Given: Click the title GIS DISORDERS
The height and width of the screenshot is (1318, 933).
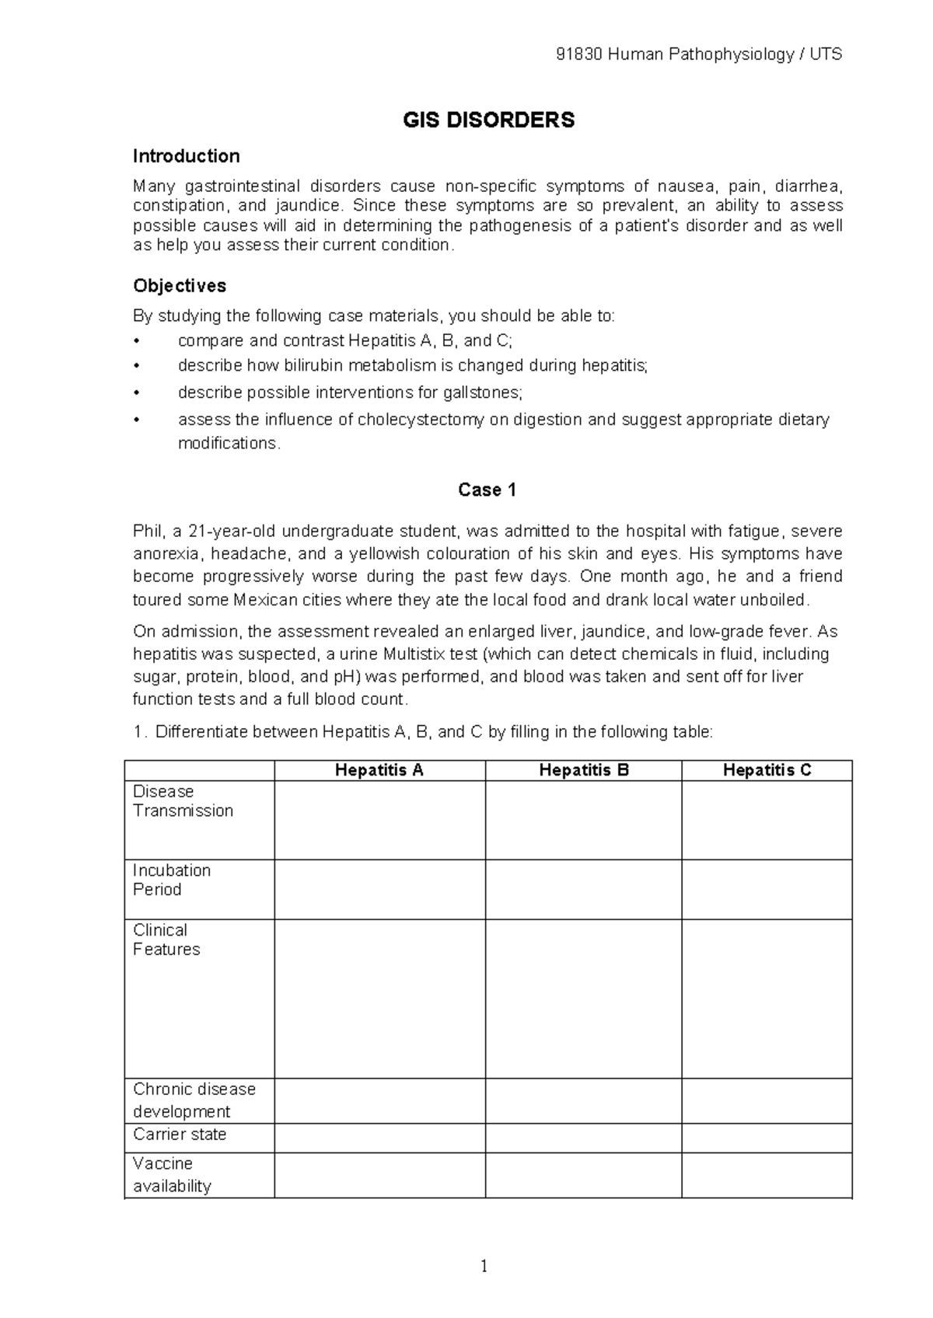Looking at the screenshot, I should click(x=488, y=120).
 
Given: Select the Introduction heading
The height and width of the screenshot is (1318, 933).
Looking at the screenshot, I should click(x=186, y=156).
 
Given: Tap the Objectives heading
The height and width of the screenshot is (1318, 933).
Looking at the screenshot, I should click(x=180, y=286).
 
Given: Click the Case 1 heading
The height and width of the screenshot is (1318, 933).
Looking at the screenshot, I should click(x=487, y=490).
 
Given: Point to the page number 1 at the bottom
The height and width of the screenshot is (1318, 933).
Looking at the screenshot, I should click(x=484, y=1267).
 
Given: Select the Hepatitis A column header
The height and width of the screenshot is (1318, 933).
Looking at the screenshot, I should click(x=379, y=770).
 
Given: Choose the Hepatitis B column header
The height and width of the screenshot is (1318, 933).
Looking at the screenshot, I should click(x=583, y=770).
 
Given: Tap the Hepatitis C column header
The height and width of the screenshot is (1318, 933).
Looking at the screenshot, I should click(x=767, y=770).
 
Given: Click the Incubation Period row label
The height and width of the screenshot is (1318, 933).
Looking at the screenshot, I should click(x=172, y=880).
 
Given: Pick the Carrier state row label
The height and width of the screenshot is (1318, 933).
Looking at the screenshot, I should click(x=180, y=1135).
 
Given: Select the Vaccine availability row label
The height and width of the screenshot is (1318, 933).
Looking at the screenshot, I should click(x=172, y=1175).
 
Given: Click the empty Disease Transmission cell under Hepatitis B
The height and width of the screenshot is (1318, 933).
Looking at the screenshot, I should click(x=583, y=820).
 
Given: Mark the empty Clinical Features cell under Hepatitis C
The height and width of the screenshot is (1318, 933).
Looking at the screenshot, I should click(x=767, y=999).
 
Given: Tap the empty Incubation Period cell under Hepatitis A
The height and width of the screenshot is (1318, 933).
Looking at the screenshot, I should click(x=379, y=889).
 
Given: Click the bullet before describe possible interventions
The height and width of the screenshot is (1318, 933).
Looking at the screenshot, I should click(x=137, y=393).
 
